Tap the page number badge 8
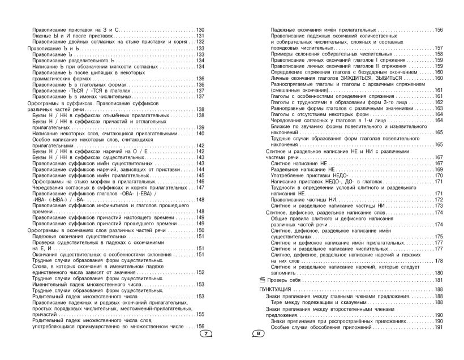[257, 333]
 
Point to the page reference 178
[438, 260]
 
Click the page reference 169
[438, 170]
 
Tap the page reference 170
[438, 175]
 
